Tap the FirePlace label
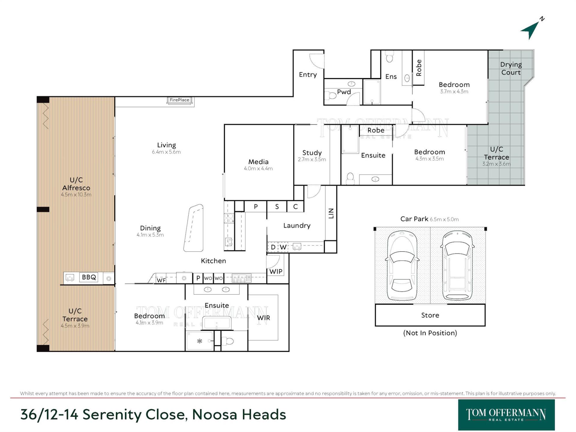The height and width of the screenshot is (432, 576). (x=179, y=100)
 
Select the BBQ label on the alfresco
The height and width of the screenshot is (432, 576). (x=89, y=277)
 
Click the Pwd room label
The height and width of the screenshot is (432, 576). (x=344, y=92)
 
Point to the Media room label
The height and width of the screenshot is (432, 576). (x=258, y=162)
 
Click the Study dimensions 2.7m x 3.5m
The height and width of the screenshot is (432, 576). (x=312, y=159)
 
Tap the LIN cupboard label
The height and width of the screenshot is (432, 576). (x=331, y=213)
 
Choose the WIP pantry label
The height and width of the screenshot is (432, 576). (x=276, y=271)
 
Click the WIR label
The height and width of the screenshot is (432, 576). (x=263, y=318)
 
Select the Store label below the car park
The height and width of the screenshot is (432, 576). (x=430, y=315)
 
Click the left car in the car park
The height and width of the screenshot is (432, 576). (x=402, y=265)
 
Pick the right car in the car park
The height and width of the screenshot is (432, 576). (x=457, y=265)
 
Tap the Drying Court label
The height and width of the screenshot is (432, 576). (x=511, y=68)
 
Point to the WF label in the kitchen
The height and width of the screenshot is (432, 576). (x=161, y=280)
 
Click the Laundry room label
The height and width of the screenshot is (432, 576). (x=297, y=226)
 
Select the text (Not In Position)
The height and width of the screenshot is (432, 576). (x=430, y=333)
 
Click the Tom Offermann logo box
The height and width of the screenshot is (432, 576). (x=506, y=415)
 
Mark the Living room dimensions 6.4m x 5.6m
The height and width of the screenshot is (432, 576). (x=166, y=152)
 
